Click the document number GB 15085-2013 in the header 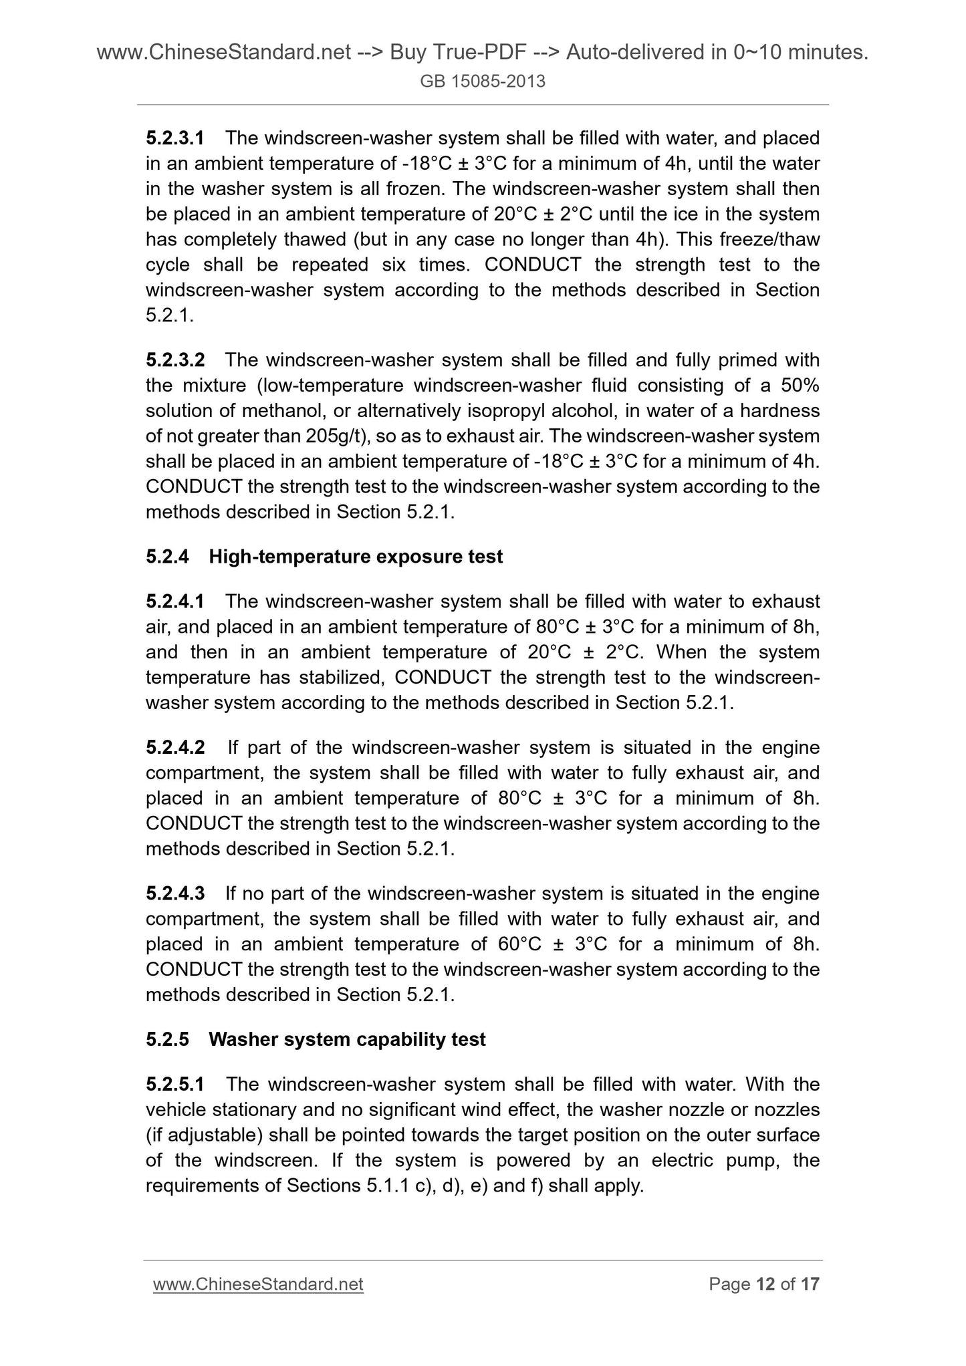point(483,82)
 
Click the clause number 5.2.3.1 point(174,138)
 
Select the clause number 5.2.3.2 point(175,360)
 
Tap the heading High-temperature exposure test point(356,557)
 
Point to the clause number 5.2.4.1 point(175,601)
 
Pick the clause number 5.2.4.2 point(175,747)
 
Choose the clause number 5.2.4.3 point(175,894)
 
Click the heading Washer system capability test point(347,1039)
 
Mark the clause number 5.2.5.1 point(175,1084)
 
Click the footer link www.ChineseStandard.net point(258,1284)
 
